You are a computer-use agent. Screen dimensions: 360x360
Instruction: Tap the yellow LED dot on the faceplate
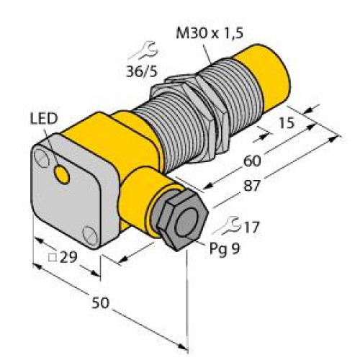pos(63,174)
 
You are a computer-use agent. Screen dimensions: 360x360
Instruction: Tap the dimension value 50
pos(105,303)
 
